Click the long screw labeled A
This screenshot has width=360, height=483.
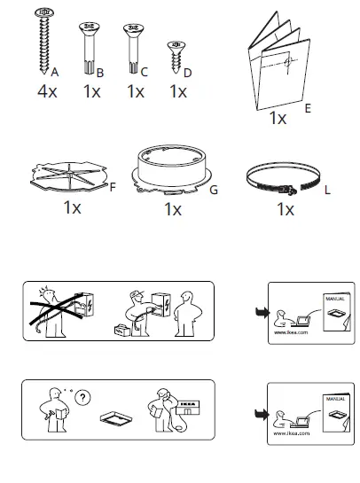click(43, 42)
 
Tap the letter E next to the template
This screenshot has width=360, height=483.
click(307, 111)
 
